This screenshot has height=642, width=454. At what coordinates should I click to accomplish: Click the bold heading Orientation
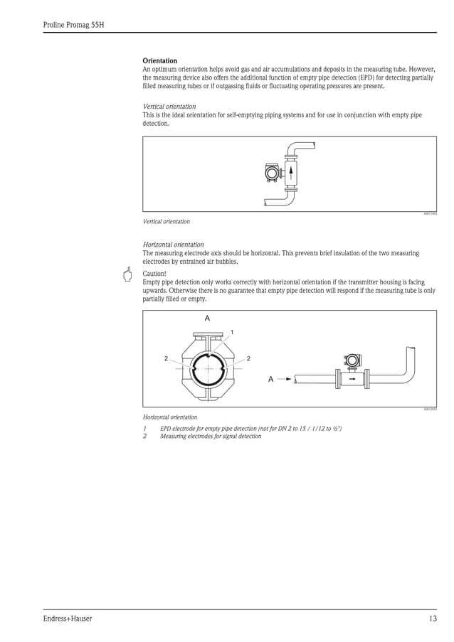click(160, 60)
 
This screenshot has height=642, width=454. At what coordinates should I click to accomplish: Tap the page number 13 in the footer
click(433, 619)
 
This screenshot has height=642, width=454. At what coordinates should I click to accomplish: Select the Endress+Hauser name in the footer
click(68, 619)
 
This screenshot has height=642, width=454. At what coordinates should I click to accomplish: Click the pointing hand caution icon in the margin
click(127, 275)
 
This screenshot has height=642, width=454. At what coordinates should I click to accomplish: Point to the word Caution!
click(154, 273)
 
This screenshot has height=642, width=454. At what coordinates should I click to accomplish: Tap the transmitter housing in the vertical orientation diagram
click(272, 173)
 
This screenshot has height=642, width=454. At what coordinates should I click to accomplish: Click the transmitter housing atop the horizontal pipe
click(351, 361)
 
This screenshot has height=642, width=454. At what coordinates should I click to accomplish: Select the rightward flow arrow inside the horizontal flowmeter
click(352, 379)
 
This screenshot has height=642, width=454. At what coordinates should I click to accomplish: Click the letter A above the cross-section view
click(207, 319)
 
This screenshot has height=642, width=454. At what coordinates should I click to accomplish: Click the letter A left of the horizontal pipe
click(270, 379)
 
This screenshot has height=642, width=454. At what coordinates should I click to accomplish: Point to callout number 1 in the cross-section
click(231, 332)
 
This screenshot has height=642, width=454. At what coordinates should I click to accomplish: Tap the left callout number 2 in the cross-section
click(167, 358)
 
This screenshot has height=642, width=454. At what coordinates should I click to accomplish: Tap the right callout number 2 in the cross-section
click(248, 358)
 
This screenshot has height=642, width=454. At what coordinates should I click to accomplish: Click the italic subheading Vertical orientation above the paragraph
click(169, 107)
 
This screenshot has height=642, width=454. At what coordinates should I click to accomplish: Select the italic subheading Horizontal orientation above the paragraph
click(173, 245)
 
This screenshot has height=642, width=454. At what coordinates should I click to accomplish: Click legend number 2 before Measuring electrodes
click(144, 437)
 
